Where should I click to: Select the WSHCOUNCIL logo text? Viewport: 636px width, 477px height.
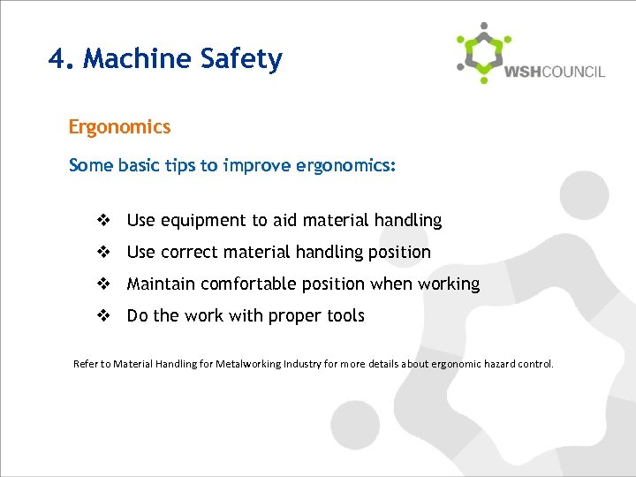click(555, 72)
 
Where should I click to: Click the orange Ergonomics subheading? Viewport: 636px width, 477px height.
click(119, 127)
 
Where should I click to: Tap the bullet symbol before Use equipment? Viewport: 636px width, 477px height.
click(102, 221)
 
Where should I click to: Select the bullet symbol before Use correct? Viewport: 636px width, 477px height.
click(102, 253)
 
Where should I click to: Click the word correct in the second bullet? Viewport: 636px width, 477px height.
click(191, 253)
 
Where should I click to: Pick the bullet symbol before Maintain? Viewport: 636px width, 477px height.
click(102, 284)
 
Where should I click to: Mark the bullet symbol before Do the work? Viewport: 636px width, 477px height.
click(102, 316)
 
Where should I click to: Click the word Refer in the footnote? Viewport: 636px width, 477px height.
click(86, 364)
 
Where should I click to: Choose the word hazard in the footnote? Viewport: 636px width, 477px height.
click(501, 364)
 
